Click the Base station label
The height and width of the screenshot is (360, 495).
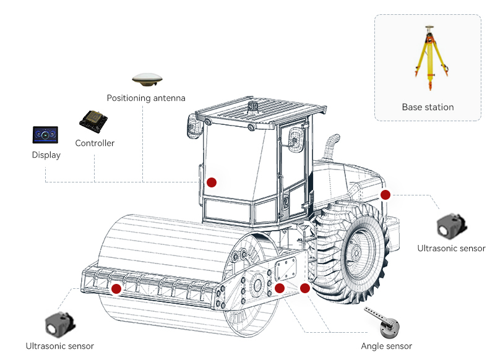(x=428, y=107)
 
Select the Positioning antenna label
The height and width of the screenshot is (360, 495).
(x=146, y=98)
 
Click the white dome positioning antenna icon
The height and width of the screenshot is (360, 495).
(x=147, y=79)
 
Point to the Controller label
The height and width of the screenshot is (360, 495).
(x=95, y=144)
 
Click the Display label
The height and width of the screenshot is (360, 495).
(x=46, y=155)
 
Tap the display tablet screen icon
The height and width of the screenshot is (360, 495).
(x=46, y=134)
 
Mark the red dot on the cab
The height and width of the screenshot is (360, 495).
(x=212, y=182)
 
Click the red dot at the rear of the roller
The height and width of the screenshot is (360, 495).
(x=385, y=195)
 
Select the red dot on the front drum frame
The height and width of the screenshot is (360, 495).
(x=116, y=288)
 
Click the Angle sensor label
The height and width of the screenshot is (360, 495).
(x=386, y=346)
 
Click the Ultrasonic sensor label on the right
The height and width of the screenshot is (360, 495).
(x=451, y=249)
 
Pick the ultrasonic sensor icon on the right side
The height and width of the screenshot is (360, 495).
(x=450, y=226)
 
